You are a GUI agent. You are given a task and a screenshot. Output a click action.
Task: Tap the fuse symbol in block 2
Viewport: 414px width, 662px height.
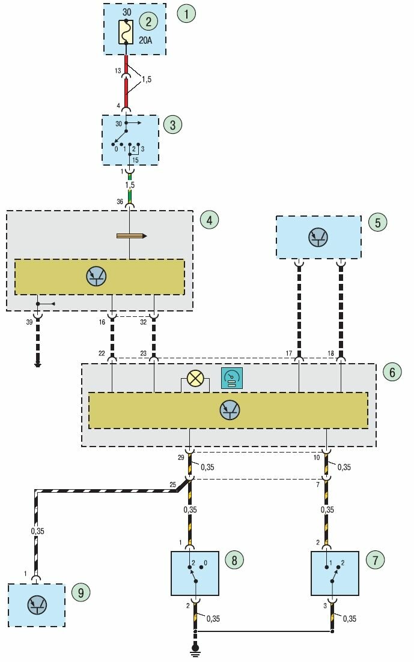126,33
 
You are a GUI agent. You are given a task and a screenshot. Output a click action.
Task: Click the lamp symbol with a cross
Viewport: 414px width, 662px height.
195,378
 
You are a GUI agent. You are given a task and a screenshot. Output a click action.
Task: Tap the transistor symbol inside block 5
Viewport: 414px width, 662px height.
318,238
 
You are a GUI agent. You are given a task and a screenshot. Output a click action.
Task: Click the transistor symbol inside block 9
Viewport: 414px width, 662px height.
36,604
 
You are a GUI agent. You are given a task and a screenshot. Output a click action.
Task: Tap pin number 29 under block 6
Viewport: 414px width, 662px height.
181,458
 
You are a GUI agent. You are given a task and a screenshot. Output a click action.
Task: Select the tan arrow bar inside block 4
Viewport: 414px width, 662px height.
131,236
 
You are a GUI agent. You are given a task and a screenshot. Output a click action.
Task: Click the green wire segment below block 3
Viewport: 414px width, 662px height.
129,195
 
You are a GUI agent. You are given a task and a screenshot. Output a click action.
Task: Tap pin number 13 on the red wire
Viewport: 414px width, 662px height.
118,71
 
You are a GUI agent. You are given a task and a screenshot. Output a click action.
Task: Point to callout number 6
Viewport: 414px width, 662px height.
392,372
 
